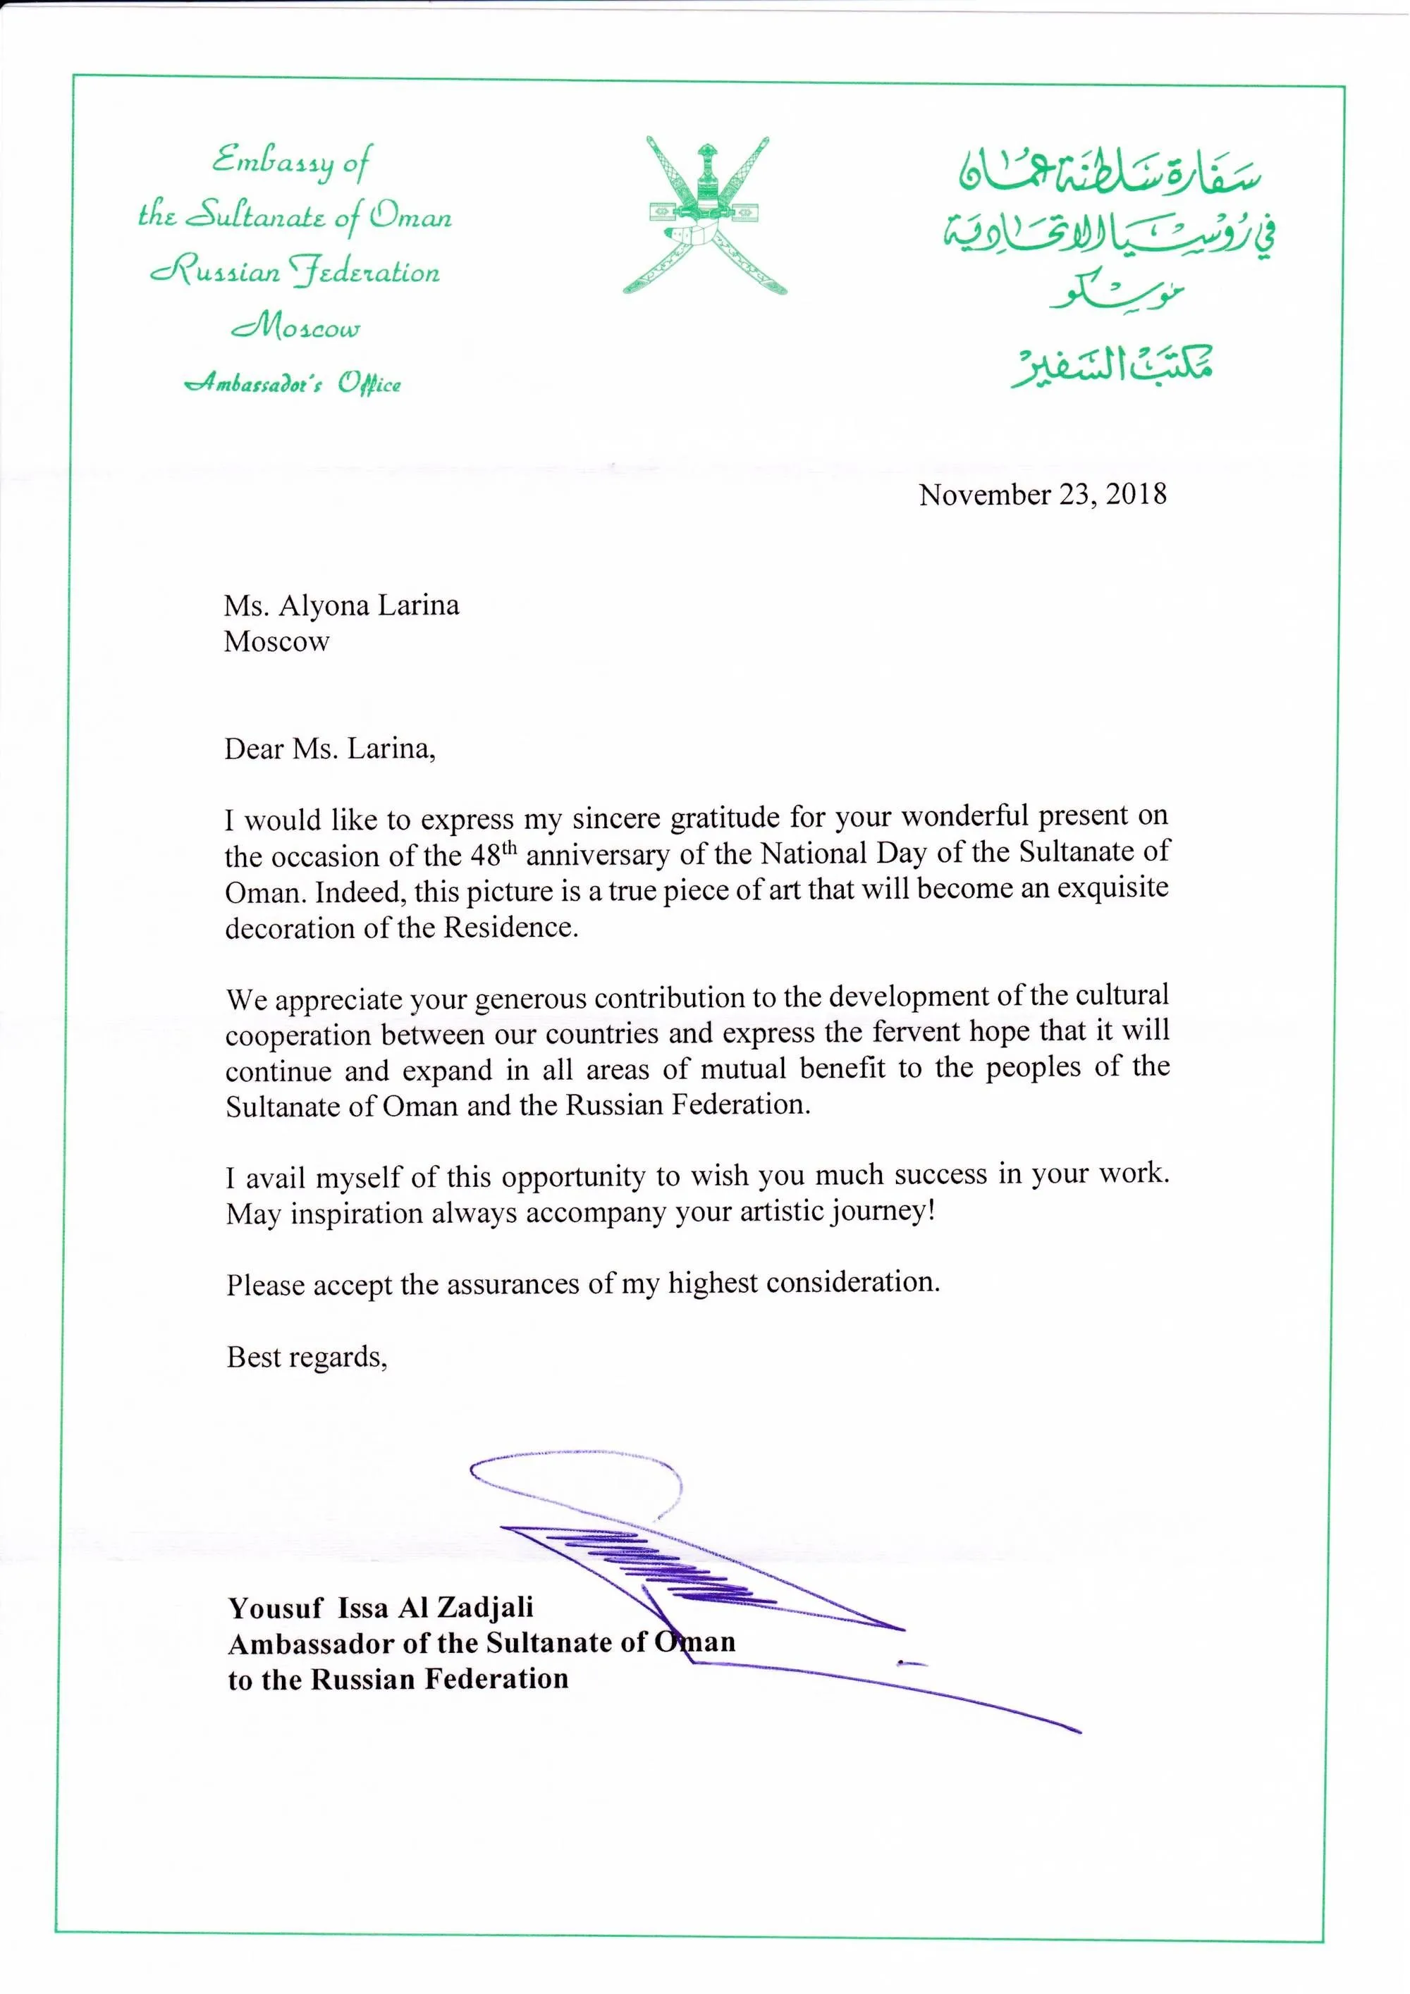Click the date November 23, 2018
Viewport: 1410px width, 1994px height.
click(1043, 495)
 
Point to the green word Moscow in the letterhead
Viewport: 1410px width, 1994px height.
click(295, 328)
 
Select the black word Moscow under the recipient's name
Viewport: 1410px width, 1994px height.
click(276, 642)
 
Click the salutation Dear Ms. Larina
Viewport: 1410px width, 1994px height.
click(329, 749)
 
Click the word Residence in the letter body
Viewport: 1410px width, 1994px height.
click(509, 928)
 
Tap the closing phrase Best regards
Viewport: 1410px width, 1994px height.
click(306, 1357)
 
